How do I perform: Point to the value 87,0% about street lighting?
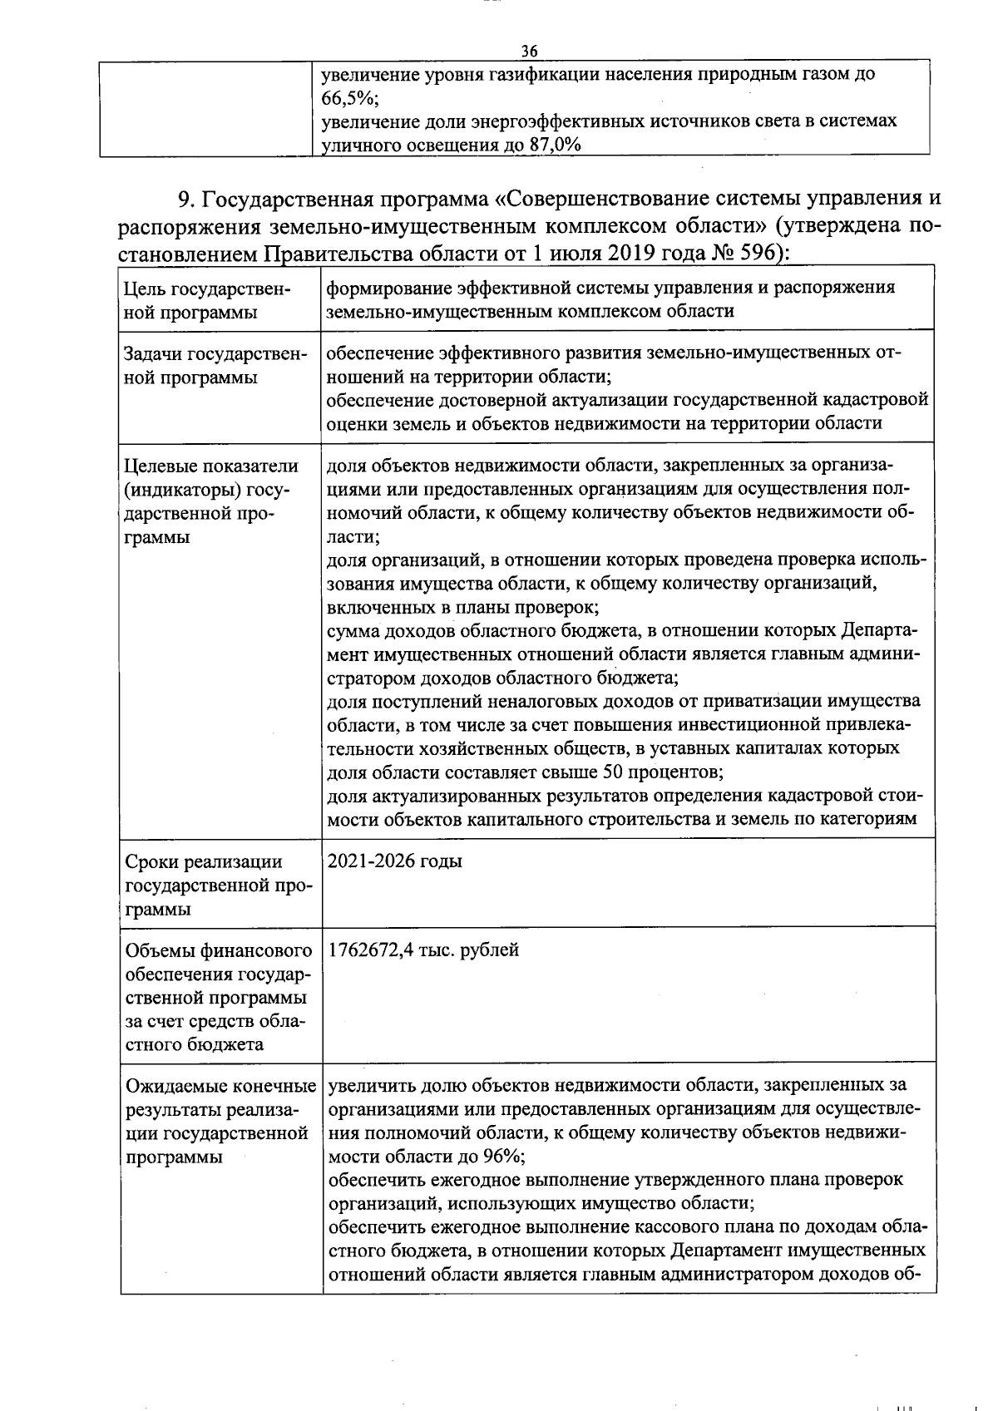tap(554, 145)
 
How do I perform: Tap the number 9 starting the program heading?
tap(185, 200)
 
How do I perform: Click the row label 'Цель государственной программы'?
tap(205, 300)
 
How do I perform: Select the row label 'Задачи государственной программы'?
tap(205, 366)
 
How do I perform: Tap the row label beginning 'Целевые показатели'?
tap(210, 501)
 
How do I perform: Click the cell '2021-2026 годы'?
tap(395, 861)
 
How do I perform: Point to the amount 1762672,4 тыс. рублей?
tap(424, 950)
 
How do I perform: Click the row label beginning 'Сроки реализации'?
tap(216, 885)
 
